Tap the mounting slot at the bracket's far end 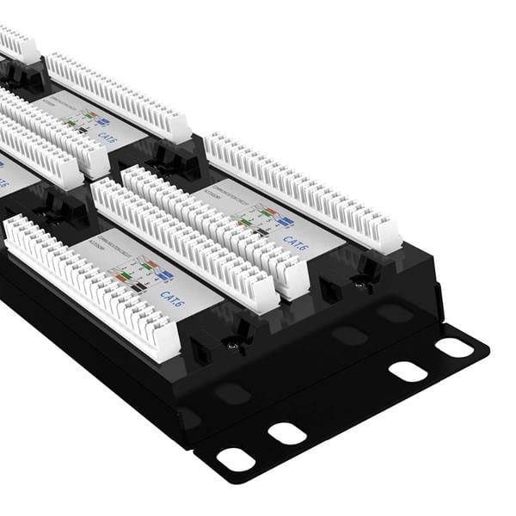pyautogui.click(x=454, y=347)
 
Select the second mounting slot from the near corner pyautogui.click(x=288, y=433)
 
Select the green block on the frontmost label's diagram pyautogui.click(x=123, y=276)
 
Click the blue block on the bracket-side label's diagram pyautogui.click(x=285, y=220)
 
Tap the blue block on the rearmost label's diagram pyautogui.click(x=101, y=122)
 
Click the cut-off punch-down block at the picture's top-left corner pyautogui.click(x=17, y=43)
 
